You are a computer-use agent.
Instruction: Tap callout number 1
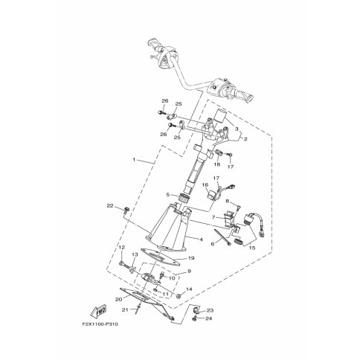pos(134,160)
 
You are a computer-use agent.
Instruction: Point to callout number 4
pos(201,240)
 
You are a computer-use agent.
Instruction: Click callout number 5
pos(168,195)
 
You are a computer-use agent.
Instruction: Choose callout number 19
pos(191,258)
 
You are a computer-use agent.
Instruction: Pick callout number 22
pos(110,205)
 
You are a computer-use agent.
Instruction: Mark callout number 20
pos(118,299)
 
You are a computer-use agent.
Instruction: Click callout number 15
pos(252,248)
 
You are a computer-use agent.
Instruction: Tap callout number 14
pos(189,289)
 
